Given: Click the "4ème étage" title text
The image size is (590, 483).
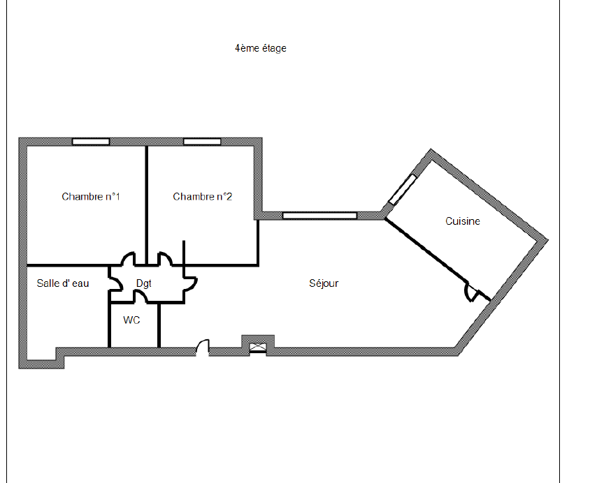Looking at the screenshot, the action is pyautogui.click(x=260, y=48).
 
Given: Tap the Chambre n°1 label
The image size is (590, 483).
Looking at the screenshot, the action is pyautogui.click(x=91, y=196).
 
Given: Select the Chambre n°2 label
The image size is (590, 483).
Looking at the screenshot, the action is pyautogui.click(x=203, y=196).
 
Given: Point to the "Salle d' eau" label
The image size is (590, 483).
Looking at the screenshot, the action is pyautogui.click(x=63, y=283).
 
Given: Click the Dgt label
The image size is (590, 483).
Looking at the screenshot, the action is pyautogui.click(x=144, y=283).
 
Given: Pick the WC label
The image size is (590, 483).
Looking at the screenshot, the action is pyautogui.click(x=131, y=320).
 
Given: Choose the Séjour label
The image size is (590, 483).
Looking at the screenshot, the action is pyautogui.click(x=324, y=283).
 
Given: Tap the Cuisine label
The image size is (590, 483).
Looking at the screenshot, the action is pyautogui.click(x=463, y=221).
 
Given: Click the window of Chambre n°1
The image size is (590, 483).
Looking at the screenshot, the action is pyautogui.click(x=91, y=142).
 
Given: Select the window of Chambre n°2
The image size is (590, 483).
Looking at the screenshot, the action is pyautogui.click(x=202, y=142).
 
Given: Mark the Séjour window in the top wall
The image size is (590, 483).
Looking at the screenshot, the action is pyautogui.click(x=319, y=216).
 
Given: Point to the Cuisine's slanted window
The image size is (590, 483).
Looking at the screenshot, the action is pyautogui.click(x=402, y=190).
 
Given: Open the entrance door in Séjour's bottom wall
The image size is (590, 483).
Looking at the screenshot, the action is pyautogui.click(x=203, y=348).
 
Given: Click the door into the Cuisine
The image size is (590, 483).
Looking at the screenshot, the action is pyautogui.click(x=473, y=292).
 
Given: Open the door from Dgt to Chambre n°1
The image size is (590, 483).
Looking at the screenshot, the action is pyautogui.click(x=129, y=259).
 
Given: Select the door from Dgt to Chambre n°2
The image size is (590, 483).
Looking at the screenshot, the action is pyautogui.click(x=165, y=259).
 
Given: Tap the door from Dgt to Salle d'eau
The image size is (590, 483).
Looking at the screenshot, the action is pyautogui.click(x=115, y=283).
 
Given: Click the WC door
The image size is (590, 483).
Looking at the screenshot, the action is pyautogui.click(x=141, y=297).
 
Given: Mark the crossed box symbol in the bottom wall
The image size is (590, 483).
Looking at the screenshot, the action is pyautogui.click(x=258, y=348).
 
